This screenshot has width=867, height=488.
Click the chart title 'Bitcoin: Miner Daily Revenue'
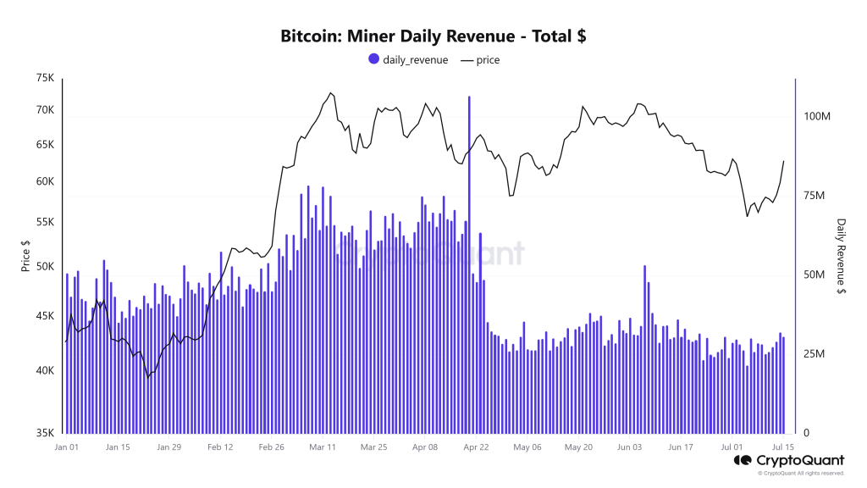[433, 36]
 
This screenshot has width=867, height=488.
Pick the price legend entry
[480, 60]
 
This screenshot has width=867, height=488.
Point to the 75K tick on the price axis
[45, 79]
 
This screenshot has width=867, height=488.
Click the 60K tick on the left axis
[45, 182]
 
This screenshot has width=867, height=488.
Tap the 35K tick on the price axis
[45, 433]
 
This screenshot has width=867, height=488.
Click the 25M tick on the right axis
[814, 354]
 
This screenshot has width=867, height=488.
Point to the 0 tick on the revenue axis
[805, 433]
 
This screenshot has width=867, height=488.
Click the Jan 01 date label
[67, 446]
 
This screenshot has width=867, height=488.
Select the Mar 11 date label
[323, 446]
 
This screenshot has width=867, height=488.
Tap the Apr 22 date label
[475, 446]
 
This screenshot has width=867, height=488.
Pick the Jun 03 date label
[630, 446]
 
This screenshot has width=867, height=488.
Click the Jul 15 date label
[784, 446]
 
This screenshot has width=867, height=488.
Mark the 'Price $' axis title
[25, 255]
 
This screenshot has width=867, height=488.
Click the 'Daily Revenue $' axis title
[841, 256]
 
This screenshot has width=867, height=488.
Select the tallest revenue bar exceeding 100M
[468, 254]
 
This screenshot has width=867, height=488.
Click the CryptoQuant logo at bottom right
[787, 462]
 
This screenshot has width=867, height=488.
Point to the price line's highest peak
[330, 93]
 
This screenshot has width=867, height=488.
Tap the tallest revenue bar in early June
[644, 347]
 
